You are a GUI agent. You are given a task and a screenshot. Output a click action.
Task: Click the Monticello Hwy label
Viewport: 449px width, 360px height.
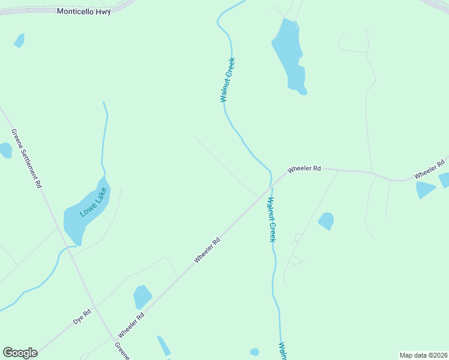click(x=84, y=11)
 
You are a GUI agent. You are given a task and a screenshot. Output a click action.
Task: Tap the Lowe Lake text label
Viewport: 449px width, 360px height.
click(x=93, y=202)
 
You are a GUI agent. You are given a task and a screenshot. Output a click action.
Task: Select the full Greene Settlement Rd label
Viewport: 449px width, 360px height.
click(x=26, y=158)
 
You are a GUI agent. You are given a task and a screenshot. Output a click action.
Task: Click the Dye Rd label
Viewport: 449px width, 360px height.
click(x=82, y=316)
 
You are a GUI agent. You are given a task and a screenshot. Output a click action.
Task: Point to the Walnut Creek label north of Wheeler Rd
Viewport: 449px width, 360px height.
click(x=228, y=80)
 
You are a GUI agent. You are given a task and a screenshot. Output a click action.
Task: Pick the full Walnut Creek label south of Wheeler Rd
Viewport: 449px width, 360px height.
click(x=271, y=220)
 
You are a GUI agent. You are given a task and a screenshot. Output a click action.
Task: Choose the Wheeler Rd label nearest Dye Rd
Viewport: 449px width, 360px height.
click(x=131, y=325)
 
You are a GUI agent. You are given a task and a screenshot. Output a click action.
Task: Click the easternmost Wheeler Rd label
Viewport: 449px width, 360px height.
click(x=429, y=168)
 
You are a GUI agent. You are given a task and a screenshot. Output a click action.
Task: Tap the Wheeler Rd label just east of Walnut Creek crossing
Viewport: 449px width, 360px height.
click(x=304, y=169)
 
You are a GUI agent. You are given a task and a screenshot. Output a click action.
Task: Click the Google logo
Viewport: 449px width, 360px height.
click(x=20, y=353)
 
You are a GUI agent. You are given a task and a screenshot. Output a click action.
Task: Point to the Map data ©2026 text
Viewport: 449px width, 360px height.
click(x=423, y=355)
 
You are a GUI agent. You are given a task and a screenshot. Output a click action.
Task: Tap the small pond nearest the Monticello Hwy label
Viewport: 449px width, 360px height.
click(x=19, y=41)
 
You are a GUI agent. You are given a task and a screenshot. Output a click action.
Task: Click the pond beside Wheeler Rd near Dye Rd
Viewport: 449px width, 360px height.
click(x=142, y=297)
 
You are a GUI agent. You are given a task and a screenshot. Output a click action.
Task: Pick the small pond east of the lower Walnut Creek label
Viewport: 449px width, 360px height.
click(x=326, y=221)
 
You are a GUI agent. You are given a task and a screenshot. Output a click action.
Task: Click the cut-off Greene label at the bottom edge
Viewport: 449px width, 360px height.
click(x=122, y=351)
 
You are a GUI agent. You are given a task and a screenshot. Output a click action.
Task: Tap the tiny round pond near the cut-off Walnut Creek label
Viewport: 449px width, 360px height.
click(x=255, y=352)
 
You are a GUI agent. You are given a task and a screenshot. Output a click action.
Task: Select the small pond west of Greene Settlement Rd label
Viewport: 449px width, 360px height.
click(x=5, y=150)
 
